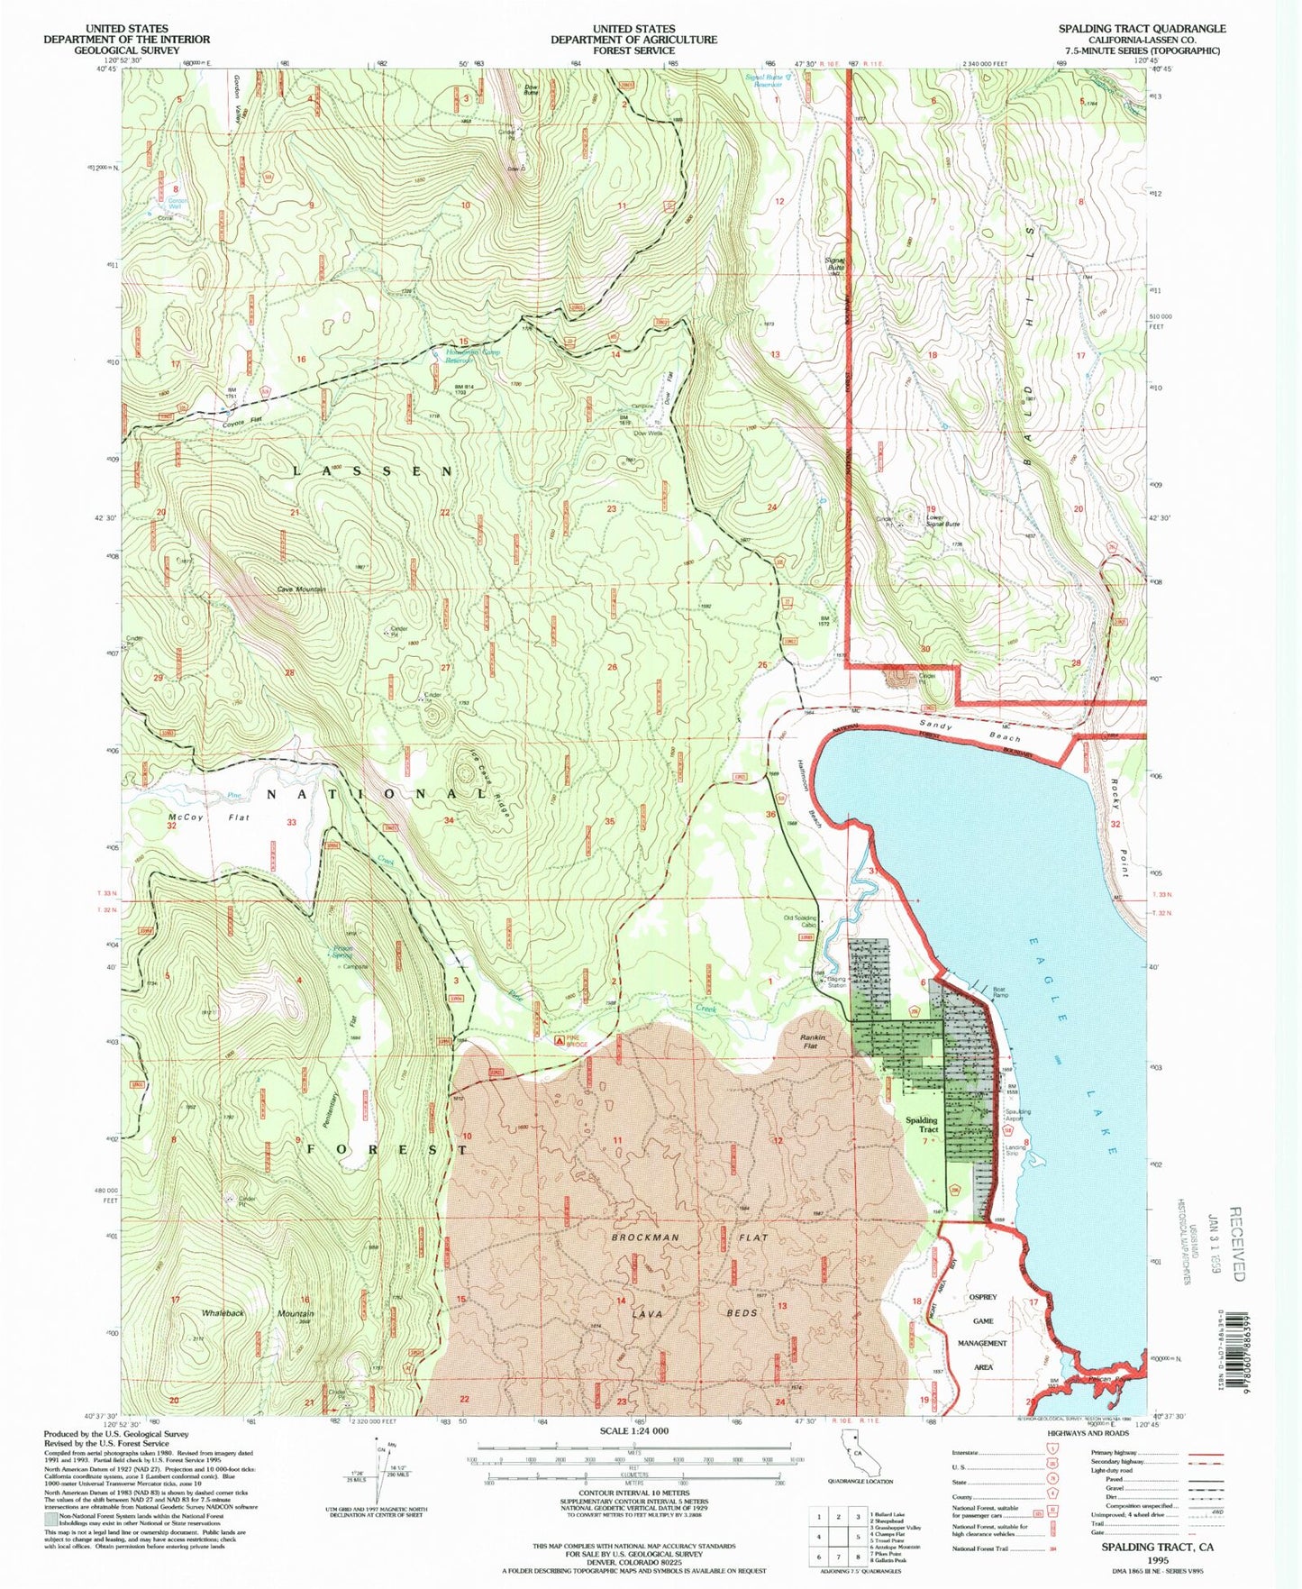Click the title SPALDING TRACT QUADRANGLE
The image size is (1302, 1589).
point(1142,29)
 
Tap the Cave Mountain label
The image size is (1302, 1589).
point(301,589)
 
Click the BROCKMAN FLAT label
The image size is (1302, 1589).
point(689,1237)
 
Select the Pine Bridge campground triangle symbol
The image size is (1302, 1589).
point(560,1040)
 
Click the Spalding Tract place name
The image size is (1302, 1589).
point(922,1125)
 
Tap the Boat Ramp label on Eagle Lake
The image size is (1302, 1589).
point(999,991)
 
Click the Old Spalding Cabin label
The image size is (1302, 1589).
point(800,922)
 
